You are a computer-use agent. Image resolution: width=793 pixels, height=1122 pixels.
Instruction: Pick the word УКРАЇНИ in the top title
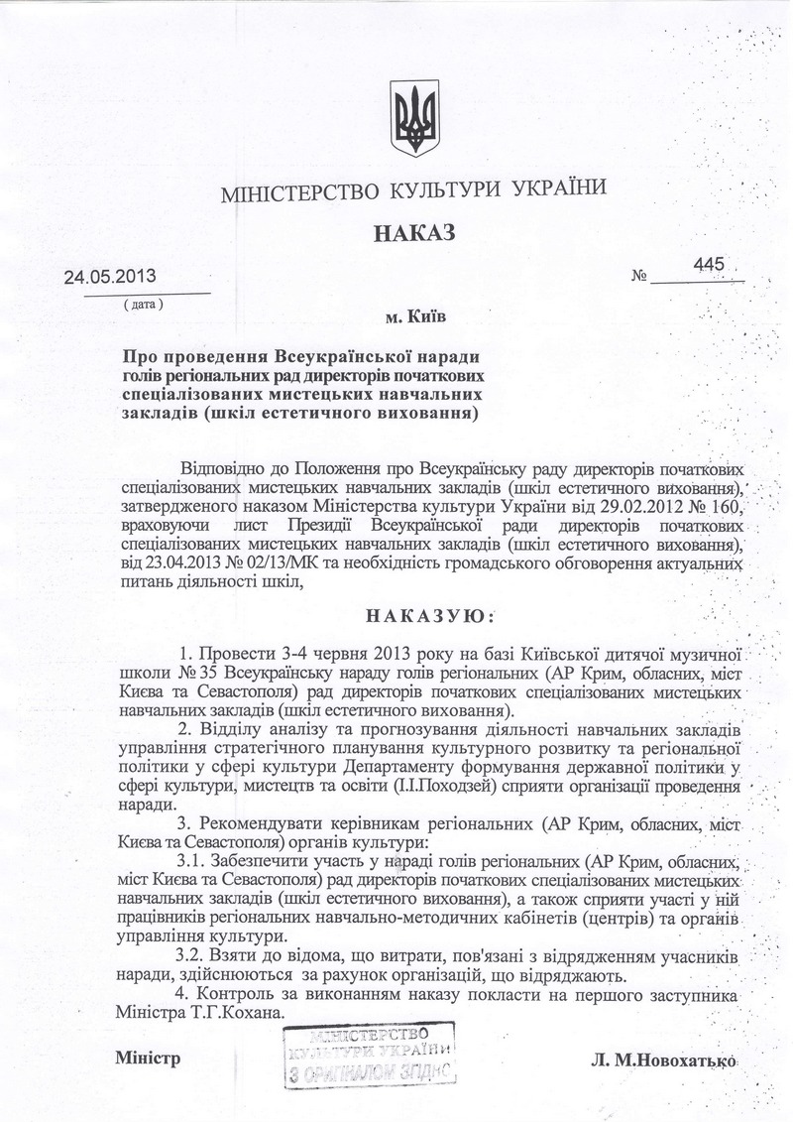pyautogui.click(x=550, y=187)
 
